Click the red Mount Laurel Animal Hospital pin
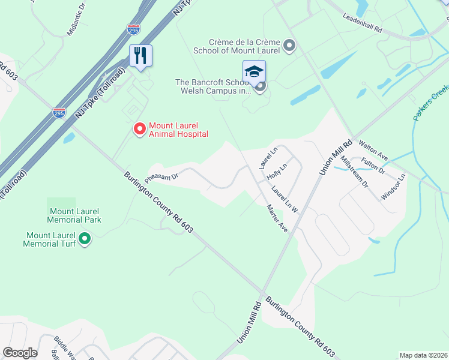140,128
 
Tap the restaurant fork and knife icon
140,56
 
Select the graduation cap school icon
254,71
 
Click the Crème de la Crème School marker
290,46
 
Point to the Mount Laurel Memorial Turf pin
85,239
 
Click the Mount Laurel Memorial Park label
75,215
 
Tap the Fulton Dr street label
373,166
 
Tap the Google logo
20,353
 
